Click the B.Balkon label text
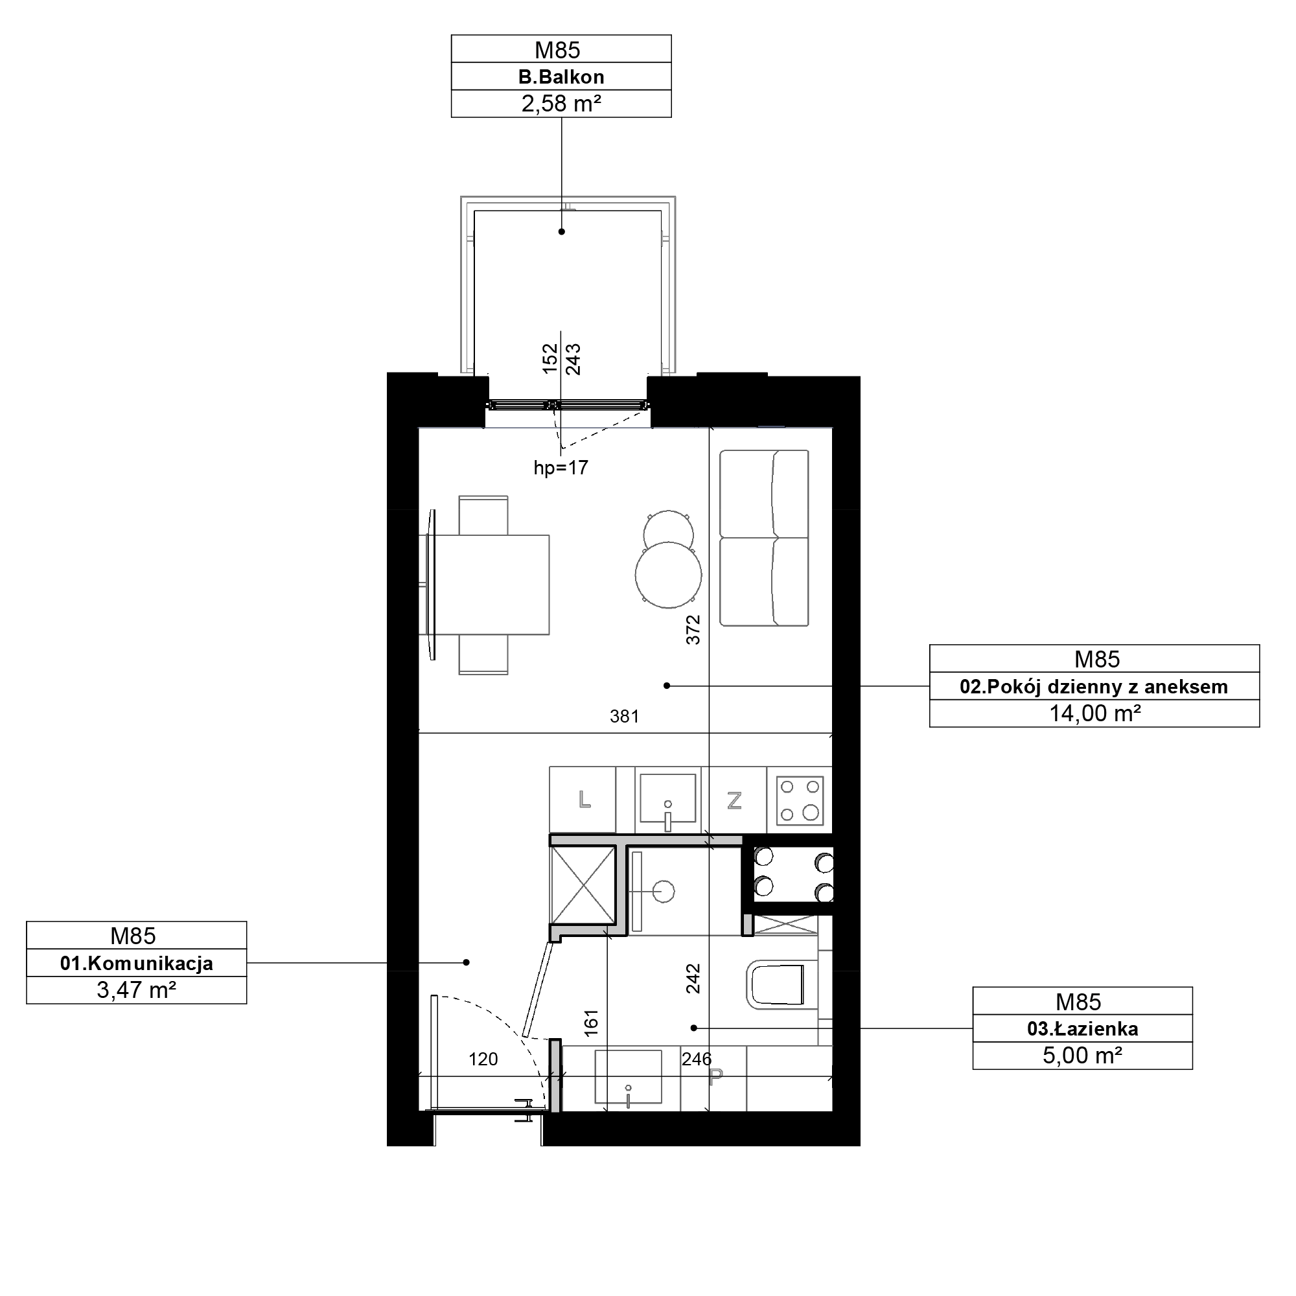click(x=561, y=76)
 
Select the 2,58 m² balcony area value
click(x=561, y=103)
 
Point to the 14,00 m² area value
click(x=1094, y=713)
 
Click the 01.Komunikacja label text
click(x=137, y=964)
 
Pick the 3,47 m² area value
click(x=137, y=990)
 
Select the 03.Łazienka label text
click(x=1083, y=1029)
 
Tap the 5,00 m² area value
click(x=1083, y=1055)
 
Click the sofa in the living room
click(x=764, y=538)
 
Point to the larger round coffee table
click(x=669, y=575)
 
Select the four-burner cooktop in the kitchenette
click(x=800, y=800)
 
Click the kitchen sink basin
click(x=667, y=798)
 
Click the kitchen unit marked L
click(x=583, y=800)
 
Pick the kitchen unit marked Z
click(x=735, y=800)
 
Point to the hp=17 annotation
click(x=561, y=468)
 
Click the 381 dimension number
click(x=625, y=717)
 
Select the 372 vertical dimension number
click(x=693, y=630)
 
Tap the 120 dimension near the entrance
click(x=483, y=1059)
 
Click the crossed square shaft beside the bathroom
click(x=583, y=885)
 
